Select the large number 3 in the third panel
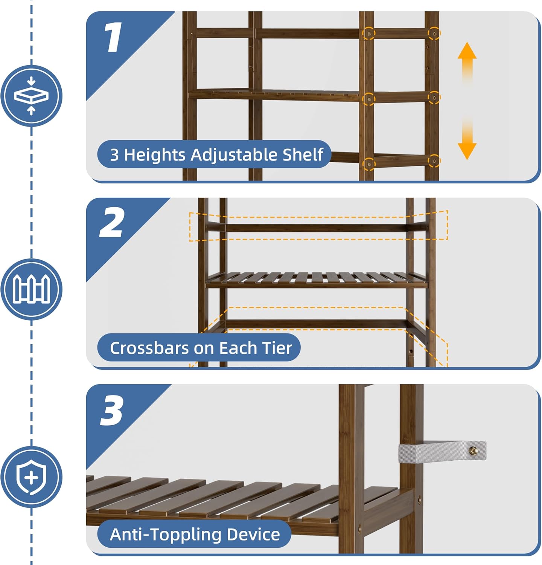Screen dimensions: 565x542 (x=112, y=410)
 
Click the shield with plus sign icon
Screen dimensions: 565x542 (x=31, y=477)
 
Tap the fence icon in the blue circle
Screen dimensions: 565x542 (x=31, y=289)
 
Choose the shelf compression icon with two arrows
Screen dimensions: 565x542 (x=31, y=96)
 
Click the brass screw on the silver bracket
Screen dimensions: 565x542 (x=473, y=450)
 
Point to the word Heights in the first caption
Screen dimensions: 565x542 (x=155, y=154)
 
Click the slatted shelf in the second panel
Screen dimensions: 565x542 (x=316, y=279)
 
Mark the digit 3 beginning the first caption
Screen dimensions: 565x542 (x=114, y=155)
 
